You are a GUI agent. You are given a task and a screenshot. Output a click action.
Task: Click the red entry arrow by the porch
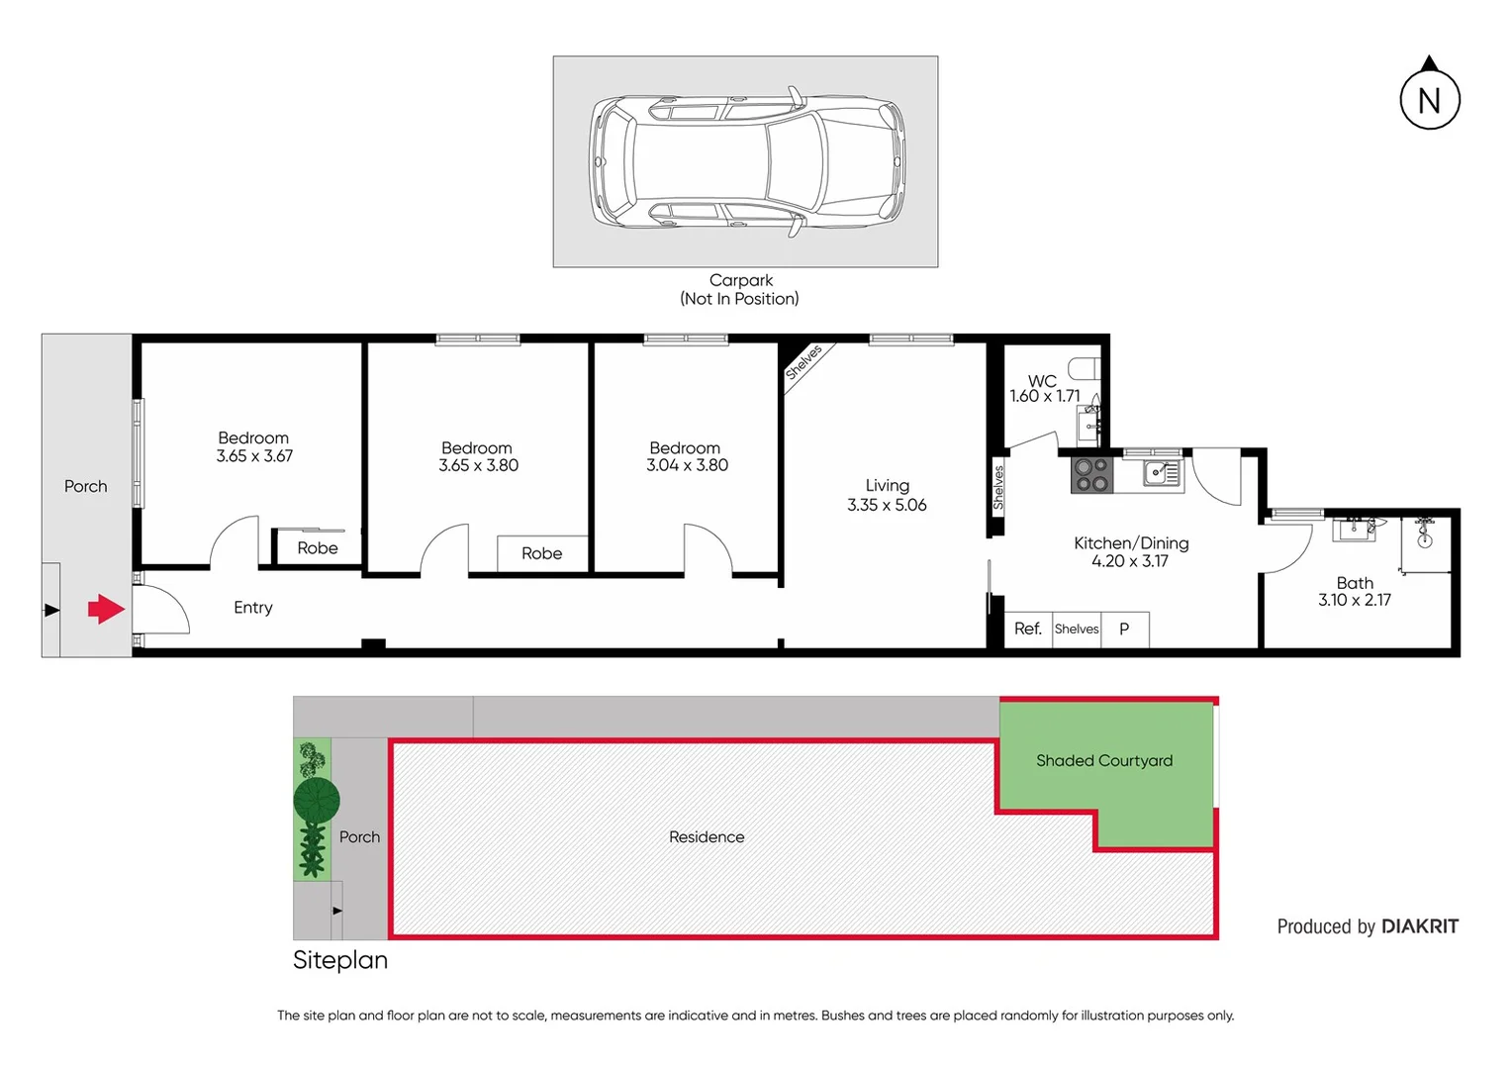click(106, 609)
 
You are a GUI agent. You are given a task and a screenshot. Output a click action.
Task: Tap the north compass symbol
click(1429, 98)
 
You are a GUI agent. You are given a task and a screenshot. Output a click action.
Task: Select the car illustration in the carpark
click(746, 161)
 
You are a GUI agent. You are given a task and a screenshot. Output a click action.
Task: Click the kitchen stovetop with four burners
click(1091, 475)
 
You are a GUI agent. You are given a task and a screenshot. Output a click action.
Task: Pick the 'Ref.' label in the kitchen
click(1027, 629)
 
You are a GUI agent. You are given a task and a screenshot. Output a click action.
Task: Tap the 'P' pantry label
click(1124, 629)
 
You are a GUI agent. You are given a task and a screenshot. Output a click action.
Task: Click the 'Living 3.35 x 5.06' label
click(887, 495)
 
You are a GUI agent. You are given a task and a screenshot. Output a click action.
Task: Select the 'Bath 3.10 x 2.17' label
click(1355, 591)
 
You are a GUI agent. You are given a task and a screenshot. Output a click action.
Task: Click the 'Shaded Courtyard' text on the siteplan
click(1104, 760)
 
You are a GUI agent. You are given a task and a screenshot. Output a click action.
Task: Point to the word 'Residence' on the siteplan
click(707, 836)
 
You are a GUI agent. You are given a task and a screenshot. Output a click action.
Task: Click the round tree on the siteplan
click(317, 799)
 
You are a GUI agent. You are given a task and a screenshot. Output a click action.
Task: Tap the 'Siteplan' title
click(340, 960)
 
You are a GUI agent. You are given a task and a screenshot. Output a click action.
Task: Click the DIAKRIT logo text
click(1419, 926)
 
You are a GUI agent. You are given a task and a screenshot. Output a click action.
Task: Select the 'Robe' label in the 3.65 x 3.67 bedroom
click(318, 547)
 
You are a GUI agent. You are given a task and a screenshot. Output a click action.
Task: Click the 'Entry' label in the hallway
click(253, 608)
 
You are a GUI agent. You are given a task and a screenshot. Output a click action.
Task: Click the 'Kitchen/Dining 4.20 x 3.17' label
click(1131, 551)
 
